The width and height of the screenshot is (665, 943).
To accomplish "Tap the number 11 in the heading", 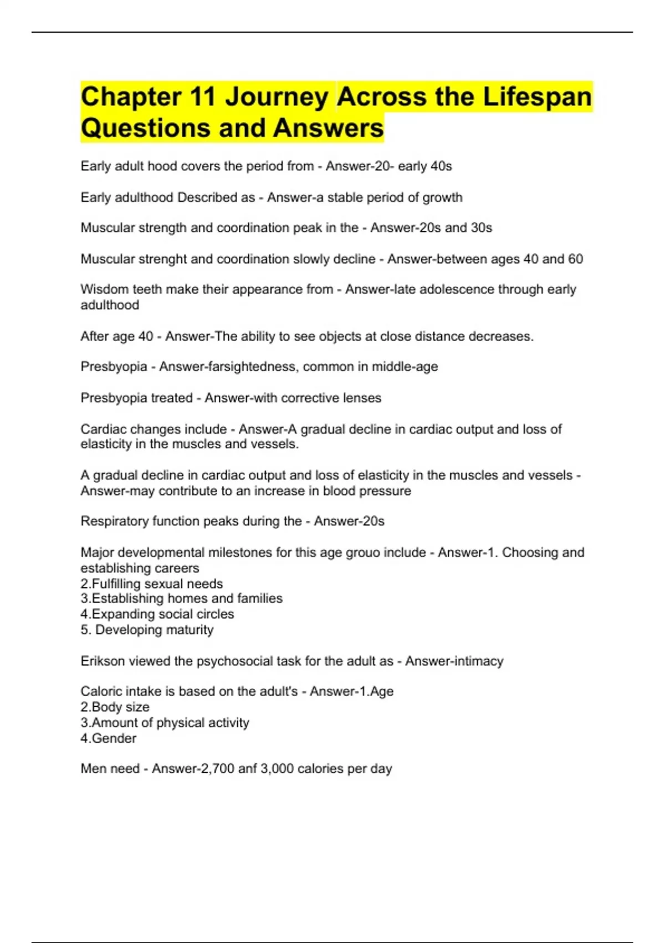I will tap(202, 97).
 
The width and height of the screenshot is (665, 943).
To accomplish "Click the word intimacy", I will tap(480, 661).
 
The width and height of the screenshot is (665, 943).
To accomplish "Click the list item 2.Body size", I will tap(115, 707).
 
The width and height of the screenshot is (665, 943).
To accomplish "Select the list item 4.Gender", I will tap(108, 738).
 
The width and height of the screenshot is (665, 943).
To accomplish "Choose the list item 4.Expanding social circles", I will tap(157, 614).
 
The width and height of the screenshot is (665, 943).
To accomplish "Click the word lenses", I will tap(362, 398).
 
